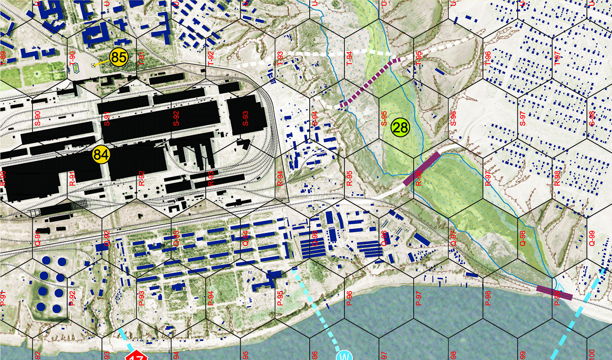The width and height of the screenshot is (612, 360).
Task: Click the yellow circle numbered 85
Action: pos(119,57)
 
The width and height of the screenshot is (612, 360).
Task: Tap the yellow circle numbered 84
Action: pos(101,155)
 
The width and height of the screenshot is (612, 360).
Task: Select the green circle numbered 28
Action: pos(400,128)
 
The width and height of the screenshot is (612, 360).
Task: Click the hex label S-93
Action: pos(245,119)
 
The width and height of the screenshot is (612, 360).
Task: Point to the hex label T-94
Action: pos(349,58)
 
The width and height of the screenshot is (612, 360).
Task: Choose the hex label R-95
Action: pos(349,179)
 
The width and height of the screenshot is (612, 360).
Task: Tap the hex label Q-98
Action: pos(523,239)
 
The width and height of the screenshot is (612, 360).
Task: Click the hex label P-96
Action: pos(349,298)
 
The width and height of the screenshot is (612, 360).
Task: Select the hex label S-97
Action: pos(523,119)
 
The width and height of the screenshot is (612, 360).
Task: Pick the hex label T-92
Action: pos(211,58)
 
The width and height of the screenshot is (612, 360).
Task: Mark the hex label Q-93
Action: pos(176,239)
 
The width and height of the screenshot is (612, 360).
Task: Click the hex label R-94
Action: pos(280,179)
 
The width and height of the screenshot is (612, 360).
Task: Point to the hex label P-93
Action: pos(141,298)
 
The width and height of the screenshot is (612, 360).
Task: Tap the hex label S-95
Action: pos(384,119)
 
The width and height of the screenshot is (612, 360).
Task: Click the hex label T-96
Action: pos(488,58)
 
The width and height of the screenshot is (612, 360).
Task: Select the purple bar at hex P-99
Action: pos(554,292)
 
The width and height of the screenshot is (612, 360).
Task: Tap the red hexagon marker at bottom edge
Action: pos(136,356)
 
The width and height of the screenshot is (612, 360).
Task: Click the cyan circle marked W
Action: pos(344,356)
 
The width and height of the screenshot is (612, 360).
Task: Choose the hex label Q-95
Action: pos(315,239)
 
